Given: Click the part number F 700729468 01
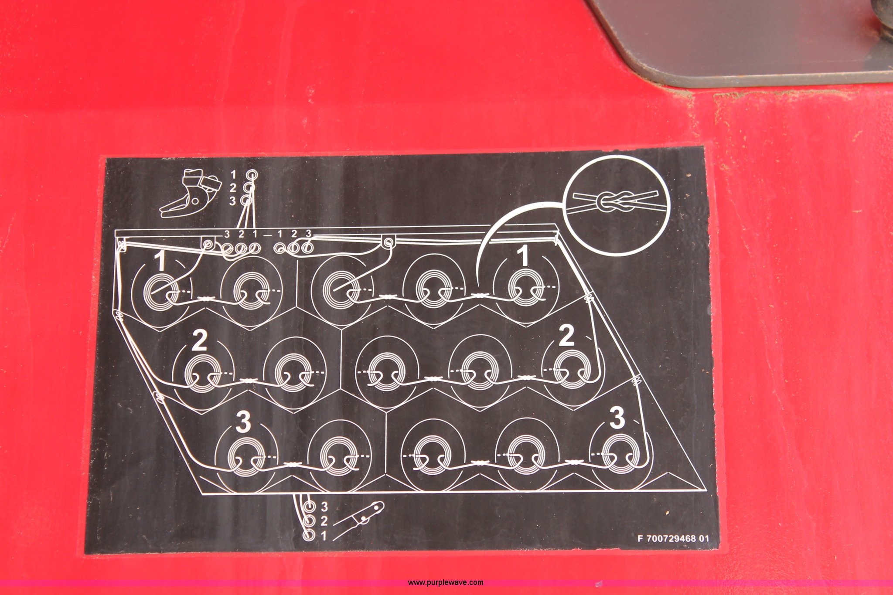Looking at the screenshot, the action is pyautogui.click(x=673, y=538).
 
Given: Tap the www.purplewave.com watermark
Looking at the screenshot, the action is pyautogui.click(x=445, y=582).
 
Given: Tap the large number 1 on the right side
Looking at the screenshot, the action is pyautogui.click(x=524, y=255).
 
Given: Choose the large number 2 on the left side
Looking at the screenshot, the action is pyautogui.click(x=200, y=340).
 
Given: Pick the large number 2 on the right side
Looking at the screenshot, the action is pyautogui.click(x=566, y=336).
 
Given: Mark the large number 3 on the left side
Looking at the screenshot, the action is pyautogui.click(x=243, y=422).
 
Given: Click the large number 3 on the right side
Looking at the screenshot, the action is pyautogui.click(x=617, y=417).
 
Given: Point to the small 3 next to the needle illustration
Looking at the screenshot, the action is pyautogui.click(x=324, y=507).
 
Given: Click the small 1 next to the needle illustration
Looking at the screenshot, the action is pyautogui.click(x=324, y=535).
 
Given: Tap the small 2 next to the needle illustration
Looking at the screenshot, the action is pyautogui.click(x=324, y=521).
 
